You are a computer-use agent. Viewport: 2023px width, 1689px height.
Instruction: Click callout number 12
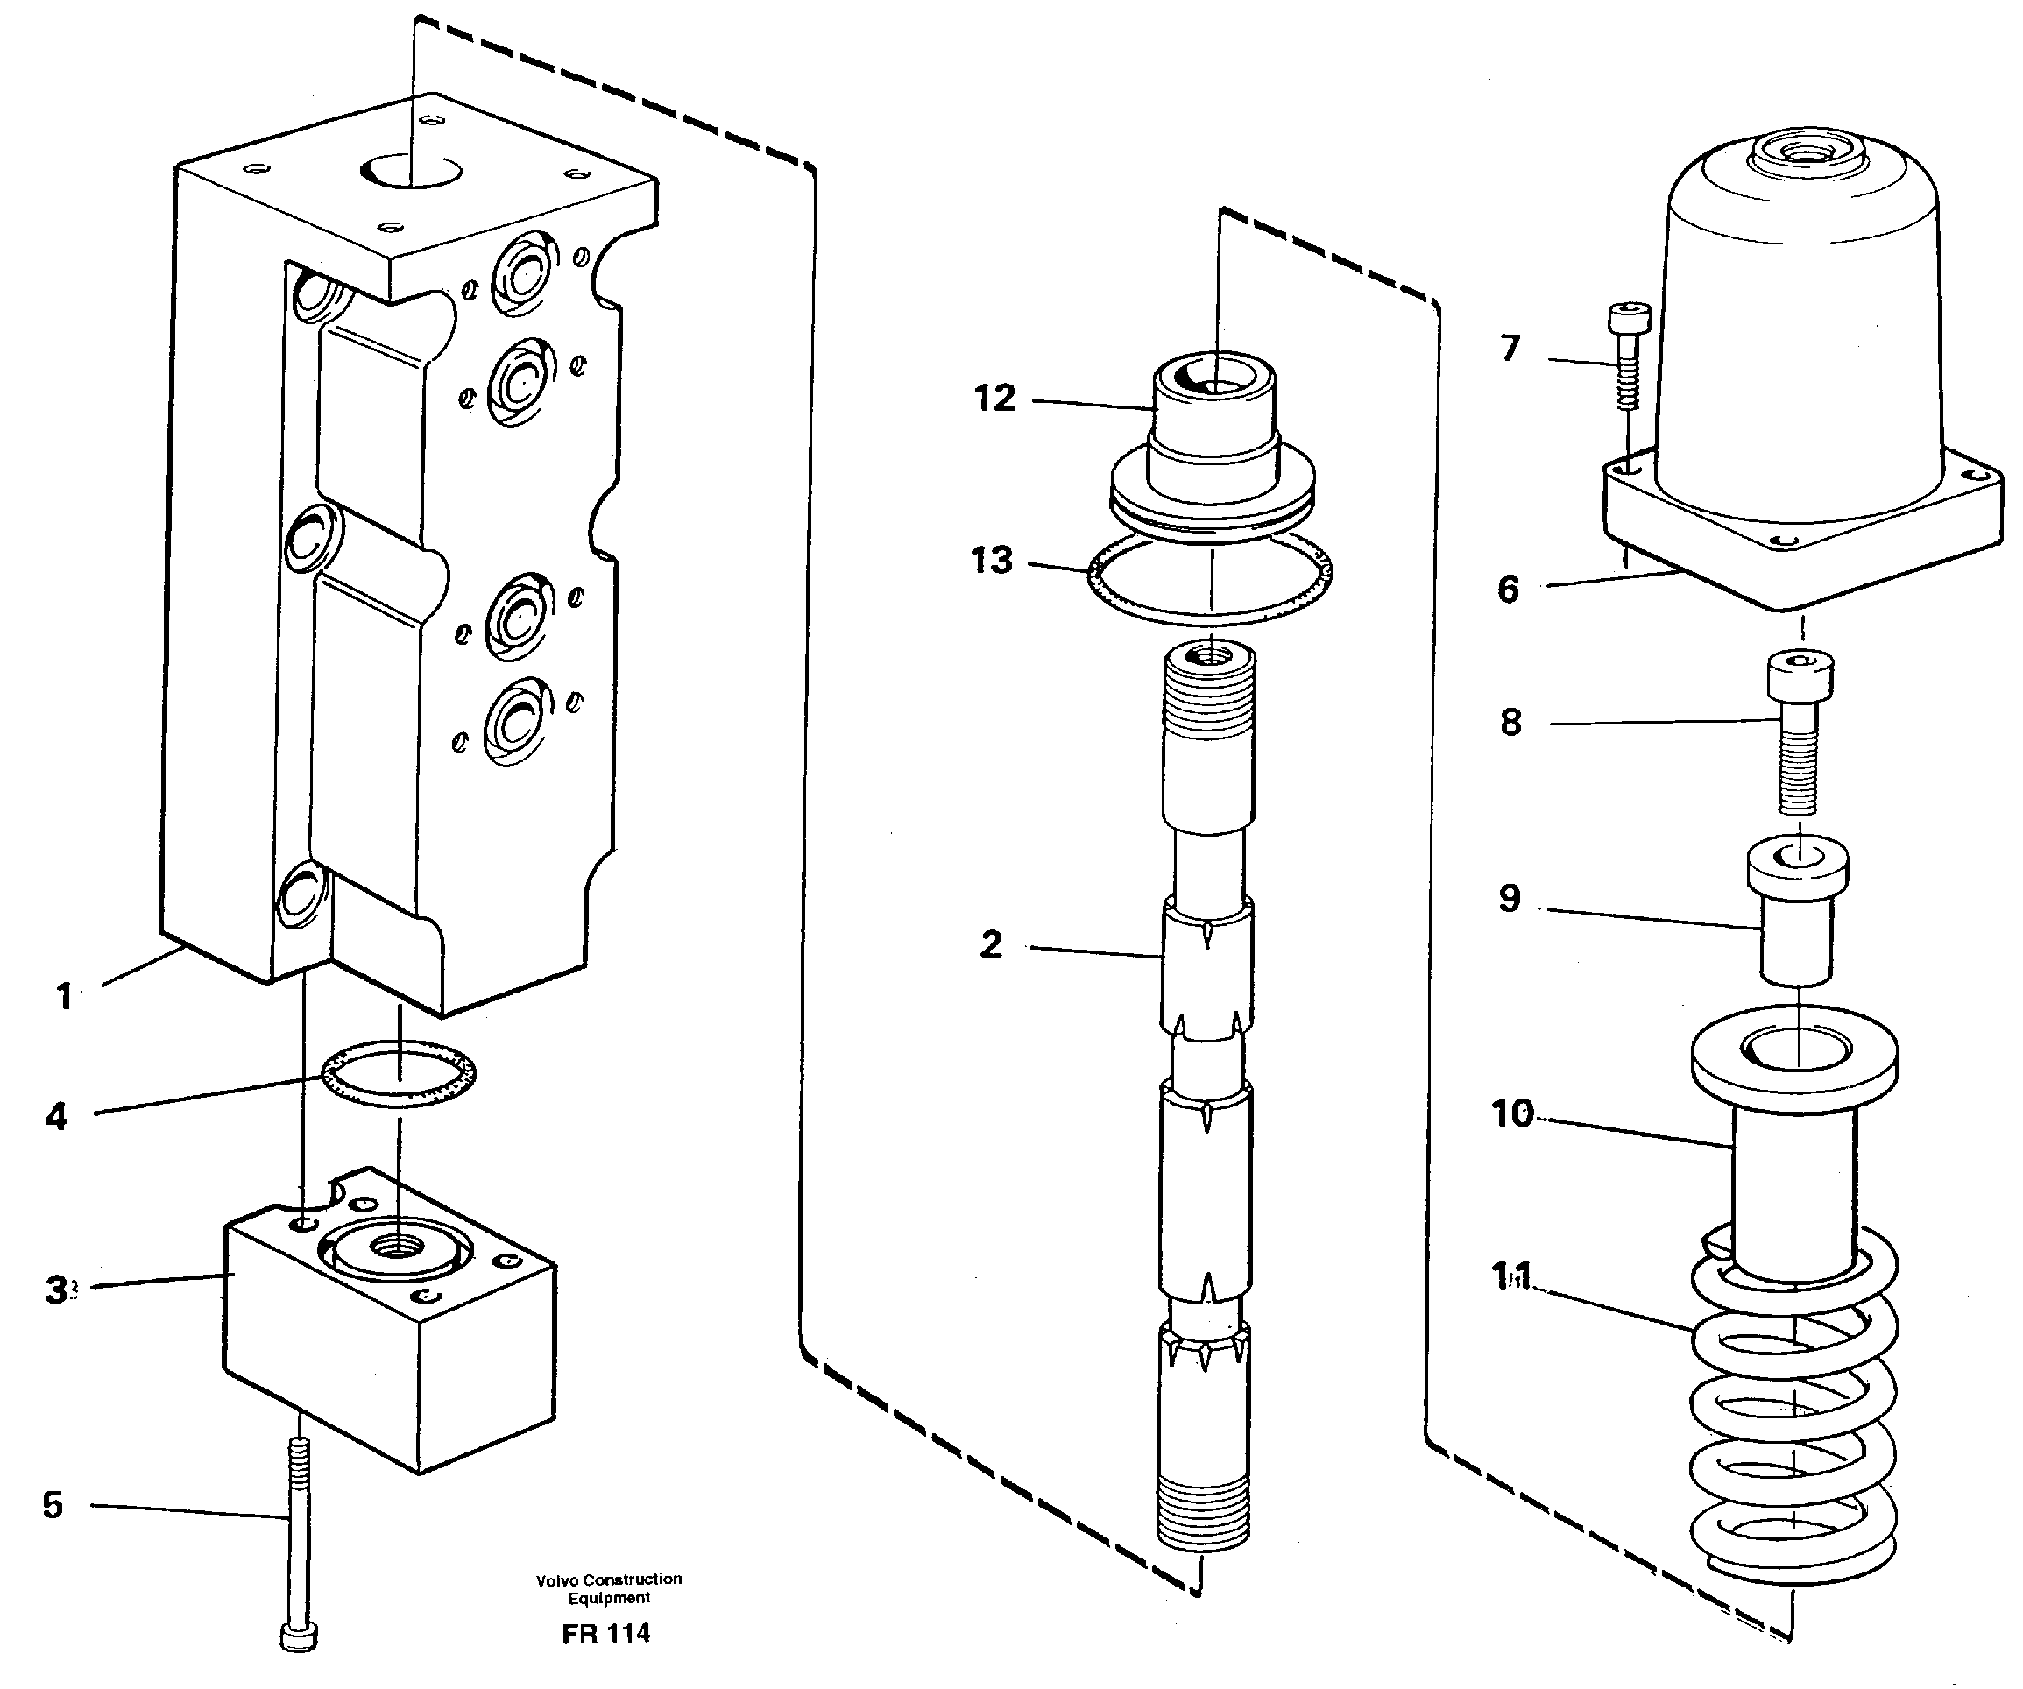click(994, 398)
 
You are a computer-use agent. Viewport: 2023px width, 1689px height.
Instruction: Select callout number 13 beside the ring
click(991, 560)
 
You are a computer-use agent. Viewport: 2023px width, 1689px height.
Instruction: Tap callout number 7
click(1510, 348)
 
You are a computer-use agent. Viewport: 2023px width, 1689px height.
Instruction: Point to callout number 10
click(1511, 1113)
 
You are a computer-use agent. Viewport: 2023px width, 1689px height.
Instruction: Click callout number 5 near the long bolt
click(53, 1504)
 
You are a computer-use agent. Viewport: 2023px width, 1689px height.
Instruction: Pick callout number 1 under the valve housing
click(65, 995)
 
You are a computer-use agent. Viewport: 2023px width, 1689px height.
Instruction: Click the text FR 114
click(606, 1632)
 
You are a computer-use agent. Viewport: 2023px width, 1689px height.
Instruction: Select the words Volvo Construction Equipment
click(609, 1588)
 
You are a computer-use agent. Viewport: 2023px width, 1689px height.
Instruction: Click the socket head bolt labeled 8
click(1798, 732)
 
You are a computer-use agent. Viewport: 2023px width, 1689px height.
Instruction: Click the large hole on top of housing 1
click(413, 172)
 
